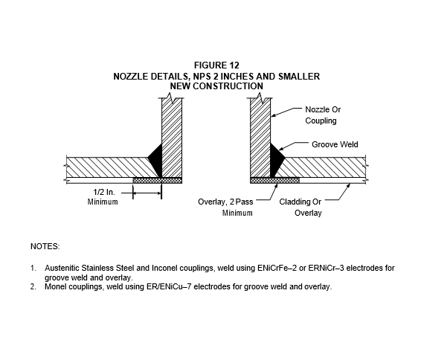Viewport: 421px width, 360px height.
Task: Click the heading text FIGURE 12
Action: [216, 65]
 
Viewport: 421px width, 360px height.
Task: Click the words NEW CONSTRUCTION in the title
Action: [216, 86]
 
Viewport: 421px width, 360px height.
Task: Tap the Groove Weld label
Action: [335, 144]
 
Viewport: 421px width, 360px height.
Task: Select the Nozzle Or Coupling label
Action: [323, 115]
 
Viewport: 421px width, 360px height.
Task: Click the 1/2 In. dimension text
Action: [104, 192]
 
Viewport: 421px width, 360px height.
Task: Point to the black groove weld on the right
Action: [277, 159]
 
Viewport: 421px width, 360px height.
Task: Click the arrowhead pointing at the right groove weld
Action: [281, 149]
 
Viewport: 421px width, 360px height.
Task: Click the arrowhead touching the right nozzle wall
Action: [273, 116]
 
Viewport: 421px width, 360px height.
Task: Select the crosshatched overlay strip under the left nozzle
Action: [158, 181]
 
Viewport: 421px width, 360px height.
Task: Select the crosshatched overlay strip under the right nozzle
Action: [274, 181]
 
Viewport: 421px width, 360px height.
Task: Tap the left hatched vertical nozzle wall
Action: [172, 138]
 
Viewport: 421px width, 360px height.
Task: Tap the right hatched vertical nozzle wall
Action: [260, 138]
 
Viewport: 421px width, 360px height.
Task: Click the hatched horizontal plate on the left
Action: [107, 167]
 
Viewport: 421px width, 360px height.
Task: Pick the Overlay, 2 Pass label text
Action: [225, 202]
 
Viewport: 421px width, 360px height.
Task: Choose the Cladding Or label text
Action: [300, 202]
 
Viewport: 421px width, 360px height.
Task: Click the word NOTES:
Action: [45, 246]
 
